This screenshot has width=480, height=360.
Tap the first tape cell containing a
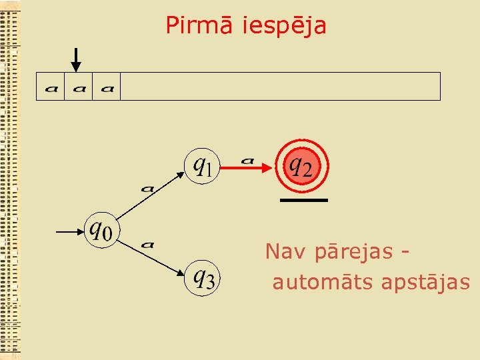coord(50,87)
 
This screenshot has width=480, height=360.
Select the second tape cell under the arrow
coord(78,87)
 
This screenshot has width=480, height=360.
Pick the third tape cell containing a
coord(106,87)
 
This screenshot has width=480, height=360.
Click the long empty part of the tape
coord(280,87)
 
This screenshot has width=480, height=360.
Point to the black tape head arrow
coord(76,60)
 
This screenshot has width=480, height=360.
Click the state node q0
coord(101,231)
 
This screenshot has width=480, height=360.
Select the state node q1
coord(203,164)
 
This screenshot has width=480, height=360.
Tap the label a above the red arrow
coord(247,160)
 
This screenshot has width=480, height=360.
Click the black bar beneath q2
coord(303,200)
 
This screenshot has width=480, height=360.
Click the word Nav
coord(280,252)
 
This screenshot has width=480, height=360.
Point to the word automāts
coord(323,283)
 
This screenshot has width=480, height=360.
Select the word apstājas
coord(426,283)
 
